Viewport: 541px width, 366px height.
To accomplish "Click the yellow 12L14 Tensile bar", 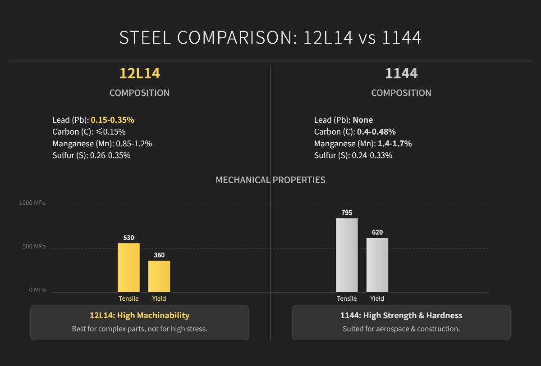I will (x=128, y=267).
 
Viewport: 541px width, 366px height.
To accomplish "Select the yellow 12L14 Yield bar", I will (x=159, y=276).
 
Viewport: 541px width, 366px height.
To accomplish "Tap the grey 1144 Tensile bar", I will (x=347, y=255).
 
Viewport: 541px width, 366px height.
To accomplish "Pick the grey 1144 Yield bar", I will (x=377, y=265).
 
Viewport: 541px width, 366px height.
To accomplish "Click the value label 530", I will (x=128, y=238).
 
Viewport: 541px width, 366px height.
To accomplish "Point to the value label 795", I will (x=347, y=212).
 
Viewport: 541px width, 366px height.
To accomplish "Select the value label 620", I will (x=377, y=232).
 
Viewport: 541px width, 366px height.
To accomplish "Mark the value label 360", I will (x=159, y=255).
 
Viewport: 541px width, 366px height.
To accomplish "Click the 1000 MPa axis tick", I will (x=32, y=203).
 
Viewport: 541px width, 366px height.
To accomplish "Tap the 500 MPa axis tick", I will (x=34, y=246).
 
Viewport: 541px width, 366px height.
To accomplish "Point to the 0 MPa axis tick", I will (x=37, y=290).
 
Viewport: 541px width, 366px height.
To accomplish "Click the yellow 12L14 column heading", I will (x=139, y=73).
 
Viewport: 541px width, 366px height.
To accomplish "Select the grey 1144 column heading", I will (x=401, y=73).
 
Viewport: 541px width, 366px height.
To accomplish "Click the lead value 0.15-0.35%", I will (x=113, y=120).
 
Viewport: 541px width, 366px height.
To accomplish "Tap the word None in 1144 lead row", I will (x=363, y=120).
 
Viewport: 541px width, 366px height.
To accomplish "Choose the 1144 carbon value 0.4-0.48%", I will (x=376, y=131).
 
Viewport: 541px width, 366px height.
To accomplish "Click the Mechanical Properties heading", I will (x=270, y=180).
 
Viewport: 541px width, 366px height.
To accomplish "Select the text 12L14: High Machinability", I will (x=139, y=315).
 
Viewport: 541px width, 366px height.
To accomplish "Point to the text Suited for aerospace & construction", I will (x=401, y=329).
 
